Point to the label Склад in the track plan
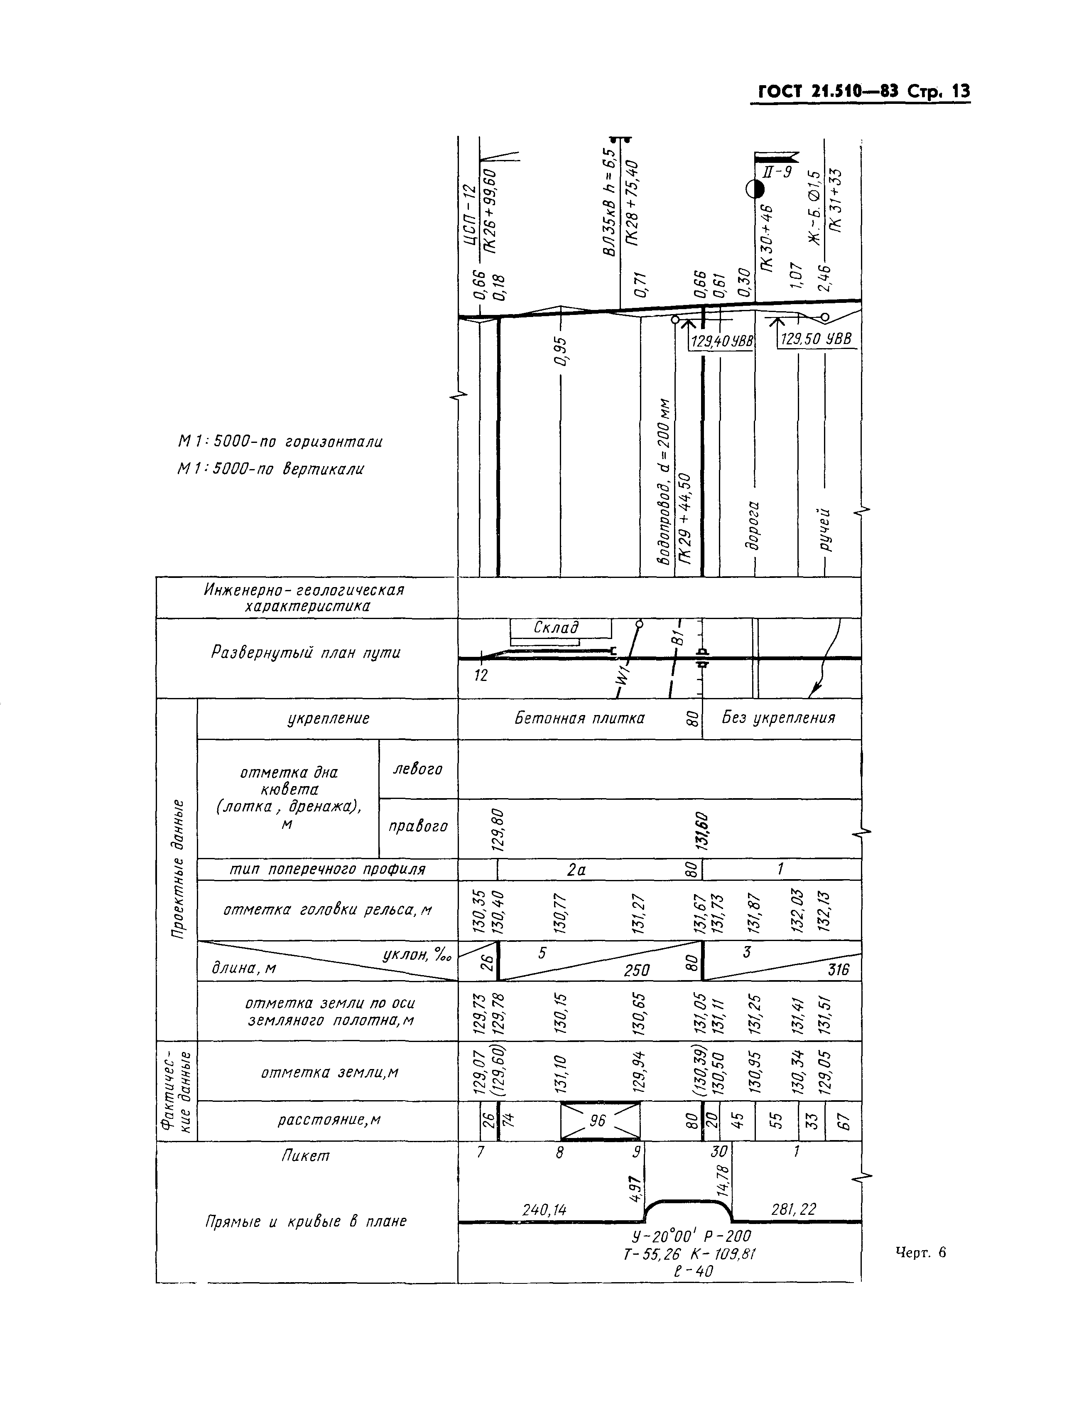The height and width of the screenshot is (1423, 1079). (556, 627)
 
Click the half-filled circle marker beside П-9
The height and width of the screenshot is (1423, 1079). (755, 189)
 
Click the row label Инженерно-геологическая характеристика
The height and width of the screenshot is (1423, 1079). (305, 597)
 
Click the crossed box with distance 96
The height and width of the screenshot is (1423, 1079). (599, 1121)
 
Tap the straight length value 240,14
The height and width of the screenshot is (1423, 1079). (544, 1210)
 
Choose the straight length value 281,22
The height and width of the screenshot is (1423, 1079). (794, 1209)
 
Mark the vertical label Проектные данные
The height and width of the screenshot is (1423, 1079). (178, 868)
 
